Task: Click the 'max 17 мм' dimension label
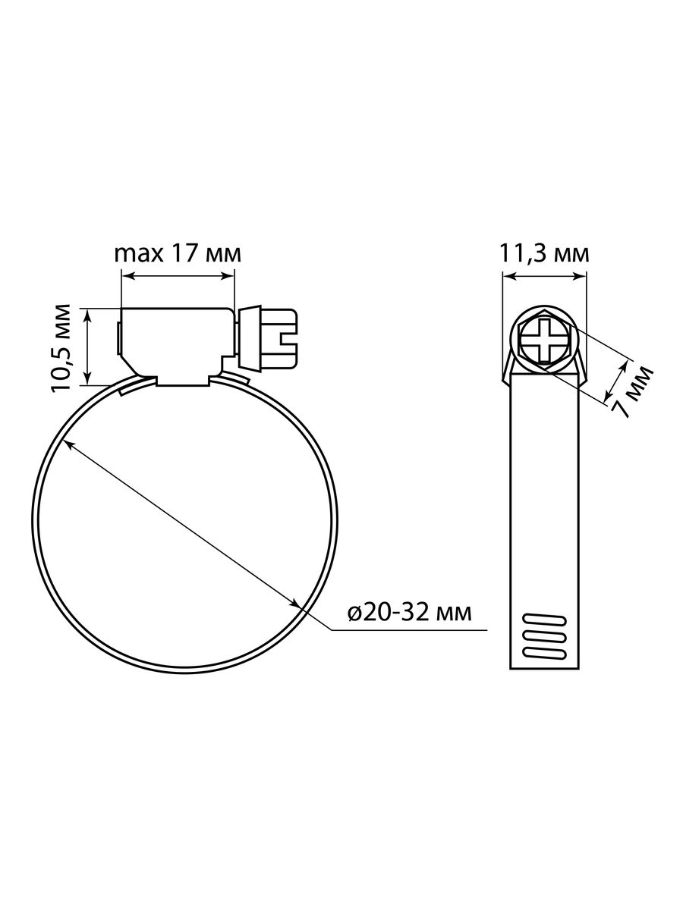(178, 254)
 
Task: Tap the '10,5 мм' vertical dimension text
(61, 347)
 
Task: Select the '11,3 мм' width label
(543, 254)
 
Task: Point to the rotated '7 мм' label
(631, 391)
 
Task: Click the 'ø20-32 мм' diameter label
(410, 612)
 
